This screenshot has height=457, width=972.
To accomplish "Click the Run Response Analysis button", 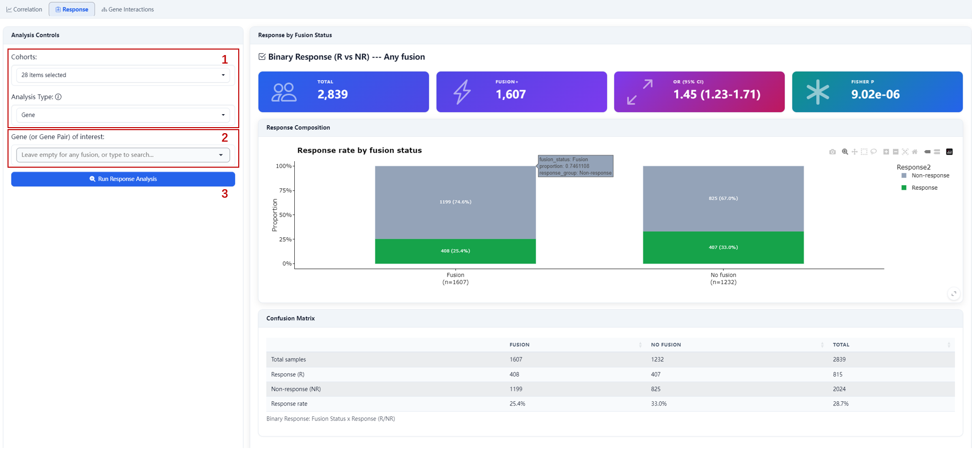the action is click(x=123, y=179).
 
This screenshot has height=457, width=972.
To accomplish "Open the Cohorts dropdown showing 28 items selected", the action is click(x=123, y=75).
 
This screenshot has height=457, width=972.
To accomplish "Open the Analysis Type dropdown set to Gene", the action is click(x=123, y=115).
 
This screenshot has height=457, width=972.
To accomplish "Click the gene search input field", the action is click(x=123, y=155).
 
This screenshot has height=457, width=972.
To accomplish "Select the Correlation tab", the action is click(x=24, y=10).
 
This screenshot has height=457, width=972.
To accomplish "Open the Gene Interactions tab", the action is click(x=128, y=10).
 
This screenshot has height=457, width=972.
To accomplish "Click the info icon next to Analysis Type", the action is click(x=59, y=97).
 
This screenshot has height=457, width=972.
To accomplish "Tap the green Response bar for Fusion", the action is click(x=455, y=251).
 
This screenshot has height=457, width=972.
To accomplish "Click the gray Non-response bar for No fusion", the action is click(x=723, y=199).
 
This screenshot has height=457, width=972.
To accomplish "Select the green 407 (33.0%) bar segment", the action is click(x=723, y=248).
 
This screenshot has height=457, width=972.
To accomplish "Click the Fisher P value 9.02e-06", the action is click(x=875, y=94).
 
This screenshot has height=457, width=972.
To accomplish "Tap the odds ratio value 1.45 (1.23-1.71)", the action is click(x=717, y=94).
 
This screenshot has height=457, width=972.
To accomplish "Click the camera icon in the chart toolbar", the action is click(x=832, y=152).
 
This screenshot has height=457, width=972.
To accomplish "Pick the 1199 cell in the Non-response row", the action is click(x=516, y=389).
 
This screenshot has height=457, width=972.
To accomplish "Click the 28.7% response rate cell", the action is click(x=840, y=403).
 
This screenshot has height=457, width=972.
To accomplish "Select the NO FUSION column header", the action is click(x=666, y=345).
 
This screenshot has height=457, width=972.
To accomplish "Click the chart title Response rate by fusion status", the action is click(x=359, y=151).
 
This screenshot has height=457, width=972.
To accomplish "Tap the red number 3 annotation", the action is click(x=225, y=194).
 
